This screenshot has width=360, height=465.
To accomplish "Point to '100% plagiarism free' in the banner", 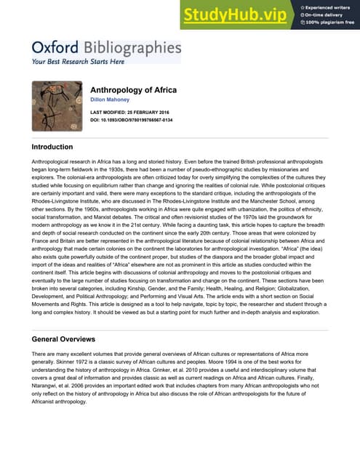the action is click(x=328, y=22).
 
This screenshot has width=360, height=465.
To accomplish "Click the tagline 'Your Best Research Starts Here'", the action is click(x=78, y=62).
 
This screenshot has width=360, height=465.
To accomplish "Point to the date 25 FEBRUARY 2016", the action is click(x=159, y=113).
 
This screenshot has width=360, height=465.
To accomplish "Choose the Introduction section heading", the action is click(x=57, y=147).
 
